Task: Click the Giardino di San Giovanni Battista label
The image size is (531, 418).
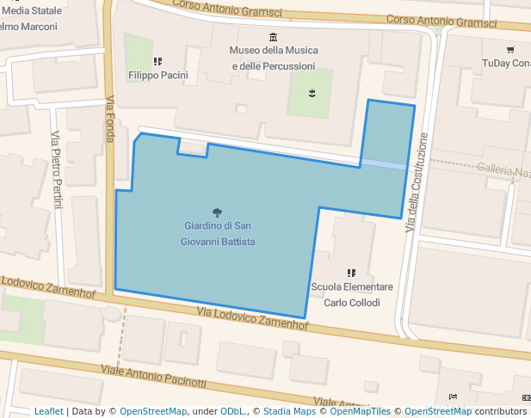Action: [218, 234]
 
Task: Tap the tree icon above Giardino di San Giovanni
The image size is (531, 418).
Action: [218, 212]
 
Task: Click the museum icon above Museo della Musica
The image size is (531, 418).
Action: [273, 36]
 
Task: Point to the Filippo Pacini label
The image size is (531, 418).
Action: [157, 76]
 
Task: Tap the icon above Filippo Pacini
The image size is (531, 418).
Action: [157, 61]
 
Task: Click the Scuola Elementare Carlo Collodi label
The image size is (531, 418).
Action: [351, 294]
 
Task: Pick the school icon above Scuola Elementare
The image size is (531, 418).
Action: [350, 273]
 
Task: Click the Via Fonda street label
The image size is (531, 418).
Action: [110, 120]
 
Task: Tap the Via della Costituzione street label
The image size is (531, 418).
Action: [417, 181]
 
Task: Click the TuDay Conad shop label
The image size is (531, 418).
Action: [506, 64]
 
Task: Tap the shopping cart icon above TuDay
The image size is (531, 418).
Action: [509, 49]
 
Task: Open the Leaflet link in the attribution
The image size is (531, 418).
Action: [48, 411]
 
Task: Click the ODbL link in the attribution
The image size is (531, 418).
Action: [232, 411]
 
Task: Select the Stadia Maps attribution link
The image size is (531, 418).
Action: [289, 411]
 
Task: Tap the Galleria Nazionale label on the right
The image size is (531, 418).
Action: [503, 171]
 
